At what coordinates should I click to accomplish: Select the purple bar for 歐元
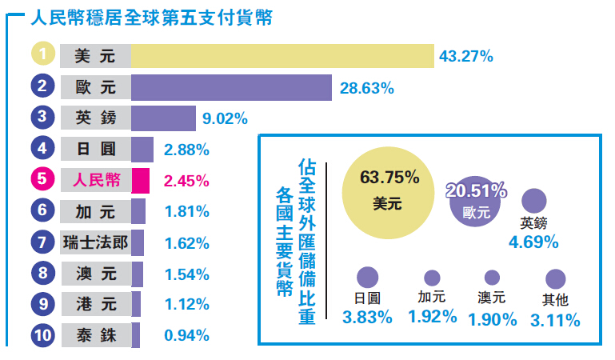pos(231,87)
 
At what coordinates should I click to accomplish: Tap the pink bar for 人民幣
pos(140,180)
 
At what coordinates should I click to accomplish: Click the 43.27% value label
pos(465,57)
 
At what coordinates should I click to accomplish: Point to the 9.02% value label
pos(225,119)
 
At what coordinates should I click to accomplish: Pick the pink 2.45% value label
pos(186,181)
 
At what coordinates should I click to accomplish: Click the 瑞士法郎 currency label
pos(95,242)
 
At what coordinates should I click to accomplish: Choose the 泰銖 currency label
pos(95,335)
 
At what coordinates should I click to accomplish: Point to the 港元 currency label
pos(95,304)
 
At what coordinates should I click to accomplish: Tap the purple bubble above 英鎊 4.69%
pos(533,201)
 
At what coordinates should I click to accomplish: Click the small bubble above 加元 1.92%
pos(432,278)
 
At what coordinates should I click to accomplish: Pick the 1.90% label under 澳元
pos(493,318)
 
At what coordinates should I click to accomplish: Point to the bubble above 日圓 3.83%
pos(367,278)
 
